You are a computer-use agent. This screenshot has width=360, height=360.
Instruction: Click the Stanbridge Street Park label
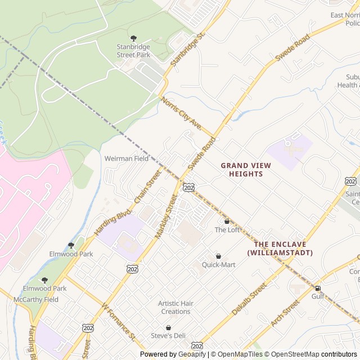[133, 51]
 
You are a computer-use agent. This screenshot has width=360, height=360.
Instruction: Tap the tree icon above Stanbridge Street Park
[133, 38]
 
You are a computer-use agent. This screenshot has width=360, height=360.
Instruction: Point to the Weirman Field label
[127, 159]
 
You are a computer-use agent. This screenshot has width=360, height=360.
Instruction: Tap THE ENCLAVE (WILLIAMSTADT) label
[280, 248]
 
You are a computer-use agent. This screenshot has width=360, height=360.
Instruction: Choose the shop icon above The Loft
[227, 221]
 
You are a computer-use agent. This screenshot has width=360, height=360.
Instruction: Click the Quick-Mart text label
[219, 264]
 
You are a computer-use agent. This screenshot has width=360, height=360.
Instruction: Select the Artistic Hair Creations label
[175, 307]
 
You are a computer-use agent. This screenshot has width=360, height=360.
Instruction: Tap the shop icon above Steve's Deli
[168, 327]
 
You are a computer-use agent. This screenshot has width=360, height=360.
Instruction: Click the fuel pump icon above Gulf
[318, 288]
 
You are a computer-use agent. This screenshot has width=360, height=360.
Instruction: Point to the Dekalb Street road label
[249, 299]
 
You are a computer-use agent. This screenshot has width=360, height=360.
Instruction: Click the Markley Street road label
[166, 216]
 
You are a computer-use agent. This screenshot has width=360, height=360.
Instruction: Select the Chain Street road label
[147, 186]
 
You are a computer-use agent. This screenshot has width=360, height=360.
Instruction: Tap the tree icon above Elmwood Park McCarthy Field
[44, 280]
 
